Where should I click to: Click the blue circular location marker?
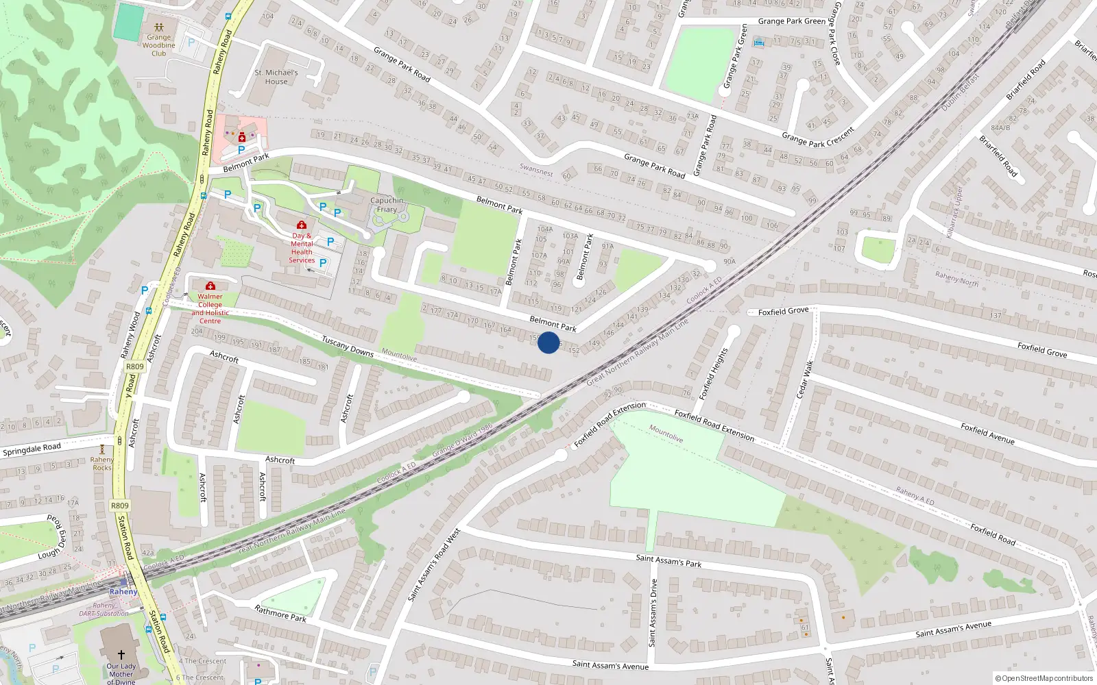click(548, 342)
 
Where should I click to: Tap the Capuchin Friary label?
click(387, 205)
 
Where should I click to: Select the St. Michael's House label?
click(276, 77)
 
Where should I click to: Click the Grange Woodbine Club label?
click(158, 45)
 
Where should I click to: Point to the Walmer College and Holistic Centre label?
click(210, 308)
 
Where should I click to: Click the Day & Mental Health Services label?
click(302, 247)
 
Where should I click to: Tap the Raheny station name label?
click(123, 591)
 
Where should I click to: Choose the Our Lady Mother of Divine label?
click(121, 673)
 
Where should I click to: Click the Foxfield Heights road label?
click(712, 374)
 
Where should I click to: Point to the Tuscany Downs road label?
click(348, 346)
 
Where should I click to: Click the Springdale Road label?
click(32, 450)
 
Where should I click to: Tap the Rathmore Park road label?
click(280, 613)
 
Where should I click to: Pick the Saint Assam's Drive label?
click(653, 612)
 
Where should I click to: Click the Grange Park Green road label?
click(791, 21)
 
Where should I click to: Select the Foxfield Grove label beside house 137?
click(1042, 350)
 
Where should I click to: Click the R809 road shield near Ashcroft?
click(135, 366)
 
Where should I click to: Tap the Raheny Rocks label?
click(101, 464)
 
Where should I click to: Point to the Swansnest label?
click(536, 170)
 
